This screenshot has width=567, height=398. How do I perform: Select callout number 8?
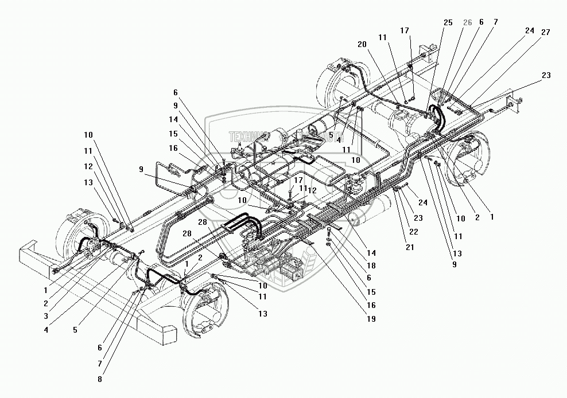[x=102, y=379]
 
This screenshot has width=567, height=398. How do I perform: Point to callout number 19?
[x=371, y=319]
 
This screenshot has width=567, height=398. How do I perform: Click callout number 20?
[x=362, y=44]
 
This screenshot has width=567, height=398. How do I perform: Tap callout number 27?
[x=545, y=32]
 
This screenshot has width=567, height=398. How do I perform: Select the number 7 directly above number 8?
[x=102, y=364]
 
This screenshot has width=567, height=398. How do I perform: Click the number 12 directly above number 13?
[x=87, y=166]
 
